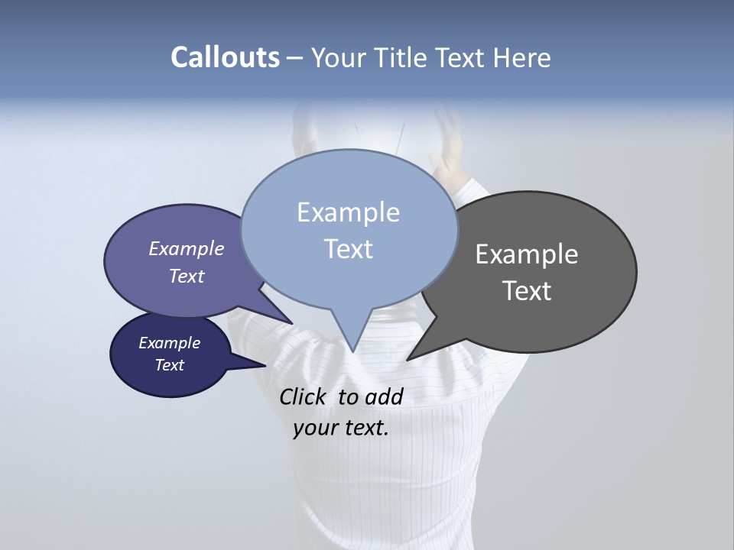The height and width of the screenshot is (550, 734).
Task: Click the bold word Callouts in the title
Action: point(225,58)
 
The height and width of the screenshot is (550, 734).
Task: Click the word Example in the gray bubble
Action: point(527,254)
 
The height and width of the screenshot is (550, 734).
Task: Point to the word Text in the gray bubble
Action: point(527,291)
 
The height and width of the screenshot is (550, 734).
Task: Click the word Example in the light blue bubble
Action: point(348,212)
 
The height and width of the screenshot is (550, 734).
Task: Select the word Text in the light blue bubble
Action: point(348,249)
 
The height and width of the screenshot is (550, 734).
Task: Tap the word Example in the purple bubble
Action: point(186,248)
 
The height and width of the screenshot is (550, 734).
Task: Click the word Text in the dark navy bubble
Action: point(170,365)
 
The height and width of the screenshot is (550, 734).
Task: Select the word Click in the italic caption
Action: point(302,396)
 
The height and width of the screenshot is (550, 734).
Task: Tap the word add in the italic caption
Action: point(384,396)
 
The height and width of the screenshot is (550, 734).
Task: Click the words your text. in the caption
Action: point(340,428)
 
